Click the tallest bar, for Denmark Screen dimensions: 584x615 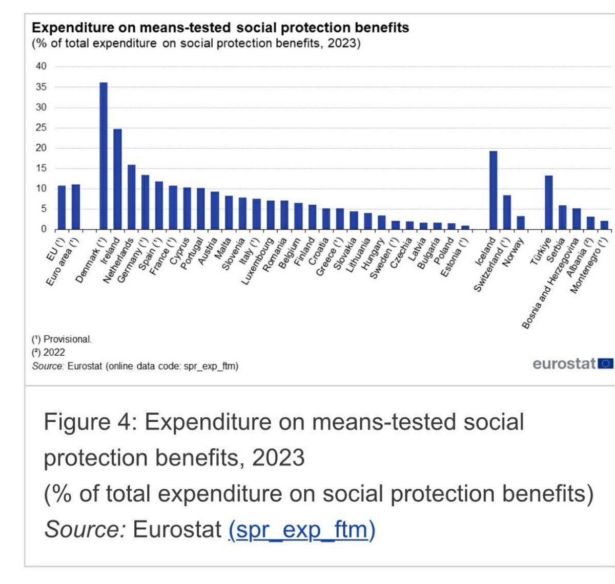coord(104,156)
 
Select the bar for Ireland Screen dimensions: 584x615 coord(117,179)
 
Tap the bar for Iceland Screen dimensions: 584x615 coord(493,190)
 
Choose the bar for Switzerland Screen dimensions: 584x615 coord(507,212)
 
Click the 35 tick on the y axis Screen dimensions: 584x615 coord(41,87)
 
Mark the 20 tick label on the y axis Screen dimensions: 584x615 coord(41,148)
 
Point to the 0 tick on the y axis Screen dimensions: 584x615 coord(44,229)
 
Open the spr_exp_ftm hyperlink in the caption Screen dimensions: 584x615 coord(302,529)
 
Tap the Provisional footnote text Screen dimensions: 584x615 coord(61,339)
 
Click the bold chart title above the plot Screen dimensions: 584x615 coord(220,28)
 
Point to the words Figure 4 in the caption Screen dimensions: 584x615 coord(87,422)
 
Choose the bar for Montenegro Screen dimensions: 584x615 coord(604,225)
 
